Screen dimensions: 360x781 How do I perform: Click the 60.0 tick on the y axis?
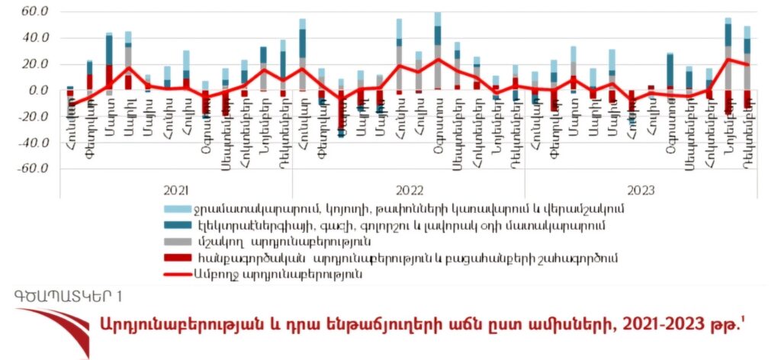point(34,12)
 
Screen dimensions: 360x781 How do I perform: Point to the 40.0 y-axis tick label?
point(34,38)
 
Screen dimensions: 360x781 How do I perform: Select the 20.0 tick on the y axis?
point(34,64)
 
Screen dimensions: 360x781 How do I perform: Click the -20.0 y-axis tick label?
point(33,117)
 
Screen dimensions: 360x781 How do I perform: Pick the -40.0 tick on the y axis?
point(33,143)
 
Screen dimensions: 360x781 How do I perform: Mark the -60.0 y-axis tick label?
point(33,169)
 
